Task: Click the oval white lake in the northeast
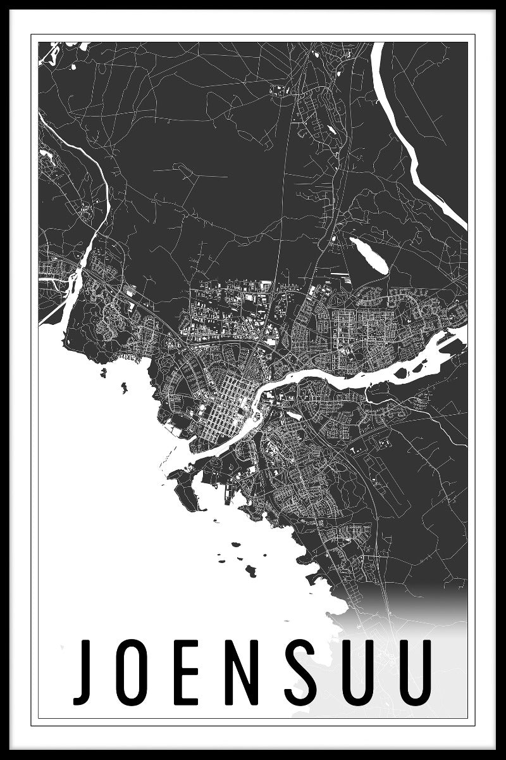tap(367, 255)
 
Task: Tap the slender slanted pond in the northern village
tap(330, 130)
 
